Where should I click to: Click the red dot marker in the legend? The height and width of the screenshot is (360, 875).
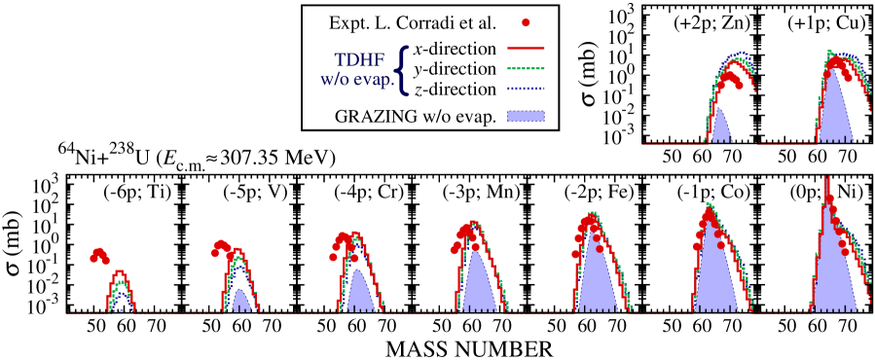(526, 22)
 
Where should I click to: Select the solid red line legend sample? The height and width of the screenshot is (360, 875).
(526, 48)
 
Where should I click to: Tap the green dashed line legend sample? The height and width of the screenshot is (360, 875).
(526, 69)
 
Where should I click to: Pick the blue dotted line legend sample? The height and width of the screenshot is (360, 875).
(526, 89)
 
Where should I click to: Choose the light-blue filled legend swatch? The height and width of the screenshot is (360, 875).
(526, 115)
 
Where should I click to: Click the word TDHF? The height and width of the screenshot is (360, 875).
(359, 60)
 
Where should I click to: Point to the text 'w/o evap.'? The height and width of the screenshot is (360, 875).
(356, 80)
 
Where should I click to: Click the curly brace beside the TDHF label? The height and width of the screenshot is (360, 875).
(402, 70)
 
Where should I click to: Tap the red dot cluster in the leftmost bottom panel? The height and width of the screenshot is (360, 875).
(99, 255)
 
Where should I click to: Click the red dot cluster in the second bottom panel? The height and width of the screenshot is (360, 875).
(222, 248)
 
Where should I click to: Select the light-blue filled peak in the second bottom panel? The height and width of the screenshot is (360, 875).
(240, 301)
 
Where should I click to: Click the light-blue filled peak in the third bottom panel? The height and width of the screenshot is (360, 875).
(359, 292)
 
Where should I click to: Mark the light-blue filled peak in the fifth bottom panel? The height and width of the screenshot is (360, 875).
(596, 277)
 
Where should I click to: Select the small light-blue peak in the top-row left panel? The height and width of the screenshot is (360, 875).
(720, 128)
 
